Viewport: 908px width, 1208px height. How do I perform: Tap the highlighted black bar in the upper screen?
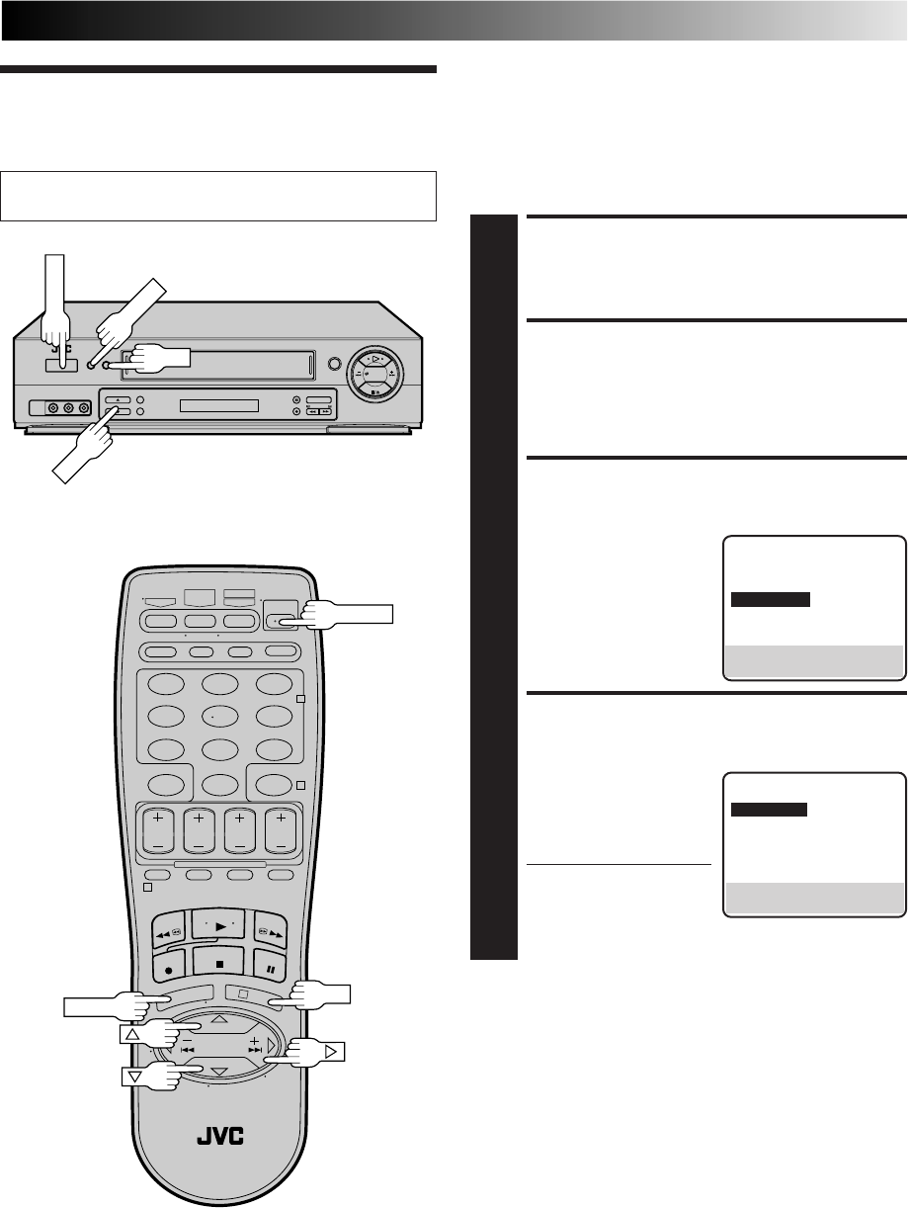click(771, 599)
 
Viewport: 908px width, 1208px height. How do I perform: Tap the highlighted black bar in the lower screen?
click(769, 810)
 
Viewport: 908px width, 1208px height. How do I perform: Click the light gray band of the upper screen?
click(815, 659)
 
